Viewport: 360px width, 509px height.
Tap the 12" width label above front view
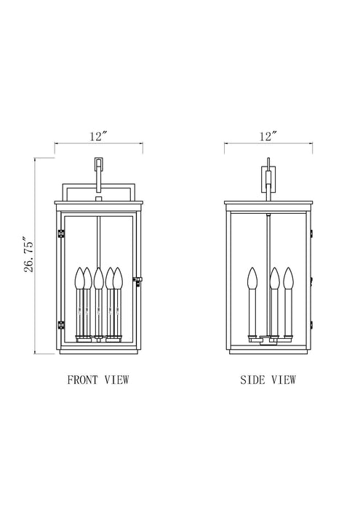coord(99,136)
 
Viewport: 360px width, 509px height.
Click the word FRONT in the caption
coord(82,380)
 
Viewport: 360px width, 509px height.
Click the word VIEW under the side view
coord(284,380)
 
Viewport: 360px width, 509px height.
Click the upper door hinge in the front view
coord(60,233)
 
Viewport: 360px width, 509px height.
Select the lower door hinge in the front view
coord(60,324)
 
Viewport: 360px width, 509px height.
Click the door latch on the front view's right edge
coord(138,281)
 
